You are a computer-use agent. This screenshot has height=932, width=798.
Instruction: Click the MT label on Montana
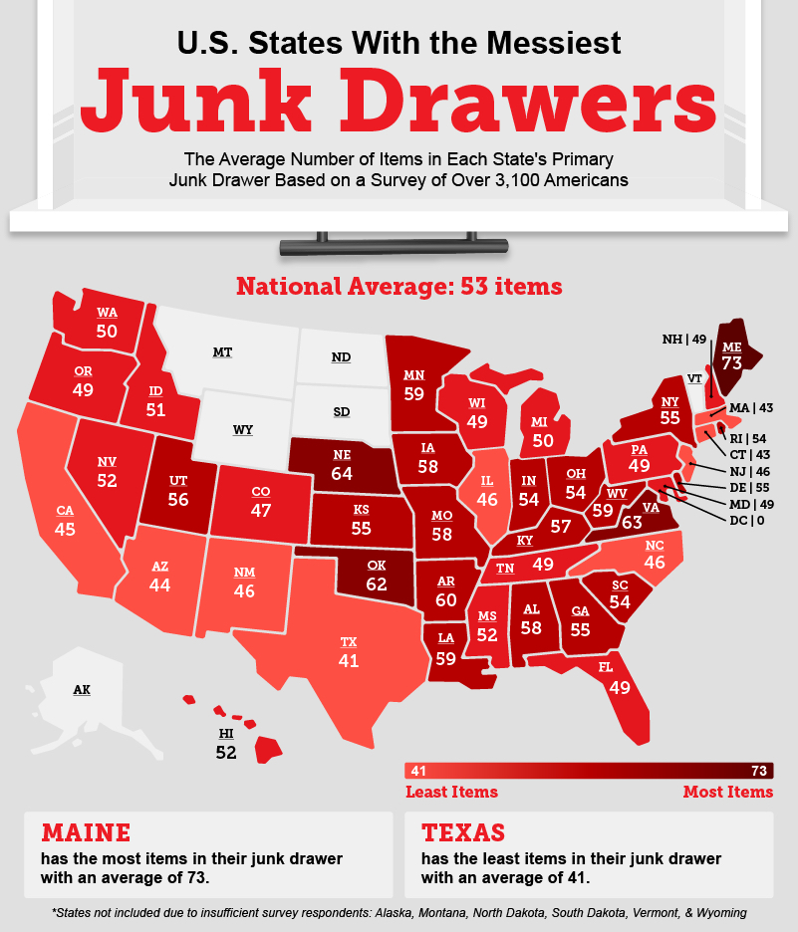[224, 352]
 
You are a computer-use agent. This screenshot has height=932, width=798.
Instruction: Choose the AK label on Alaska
[82, 689]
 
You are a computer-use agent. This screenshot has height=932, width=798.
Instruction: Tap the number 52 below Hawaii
[226, 753]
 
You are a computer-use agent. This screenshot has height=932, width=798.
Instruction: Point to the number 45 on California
[65, 529]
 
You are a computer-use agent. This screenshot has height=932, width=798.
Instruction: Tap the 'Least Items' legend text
[451, 793]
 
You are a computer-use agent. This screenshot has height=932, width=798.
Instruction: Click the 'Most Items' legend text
[727, 793]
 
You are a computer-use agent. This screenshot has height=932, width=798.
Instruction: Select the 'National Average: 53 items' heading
[399, 287]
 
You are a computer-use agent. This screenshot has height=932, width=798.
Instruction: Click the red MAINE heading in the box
[85, 832]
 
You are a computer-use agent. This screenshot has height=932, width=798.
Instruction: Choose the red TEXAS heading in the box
[463, 832]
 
